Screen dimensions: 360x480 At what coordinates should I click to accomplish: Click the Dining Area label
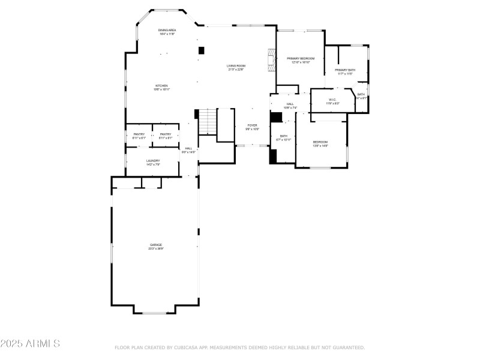click(x=167, y=32)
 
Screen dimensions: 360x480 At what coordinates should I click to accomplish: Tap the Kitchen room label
click(x=161, y=88)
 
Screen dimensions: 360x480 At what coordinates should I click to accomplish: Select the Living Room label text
click(x=235, y=67)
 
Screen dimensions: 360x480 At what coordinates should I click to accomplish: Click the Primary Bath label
click(x=344, y=72)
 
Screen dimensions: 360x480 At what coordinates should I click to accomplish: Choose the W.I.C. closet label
click(x=332, y=101)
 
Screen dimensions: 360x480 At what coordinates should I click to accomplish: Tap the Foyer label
click(x=252, y=127)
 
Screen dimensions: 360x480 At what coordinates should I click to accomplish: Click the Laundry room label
click(x=152, y=163)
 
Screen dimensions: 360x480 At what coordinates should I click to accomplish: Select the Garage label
click(x=156, y=247)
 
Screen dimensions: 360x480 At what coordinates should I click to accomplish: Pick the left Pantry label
click(x=139, y=136)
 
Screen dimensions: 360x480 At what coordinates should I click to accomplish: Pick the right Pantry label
click(x=166, y=136)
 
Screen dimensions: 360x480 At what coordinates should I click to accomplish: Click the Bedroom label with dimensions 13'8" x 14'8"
click(x=320, y=143)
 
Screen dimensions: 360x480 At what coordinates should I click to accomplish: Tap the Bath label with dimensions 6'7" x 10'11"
click(x=284, y=137)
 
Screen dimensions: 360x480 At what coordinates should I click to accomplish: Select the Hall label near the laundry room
click(x=188, y=150)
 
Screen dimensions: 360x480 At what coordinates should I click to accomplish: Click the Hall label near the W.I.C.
click(x=290, y=106)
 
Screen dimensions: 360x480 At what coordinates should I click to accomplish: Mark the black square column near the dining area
click(x=202, y=50)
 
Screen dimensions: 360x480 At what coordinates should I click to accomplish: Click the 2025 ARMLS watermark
click(x=30, y=344)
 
